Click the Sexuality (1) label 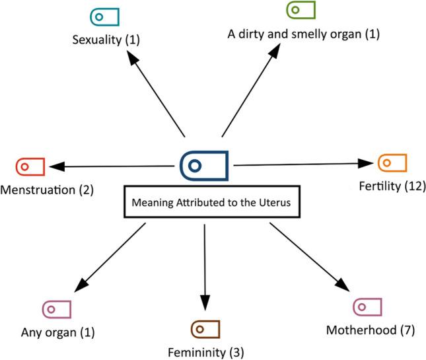[106, 40]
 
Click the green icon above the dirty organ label [301, 11]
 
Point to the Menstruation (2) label [47, 190]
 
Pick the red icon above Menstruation [30, 166]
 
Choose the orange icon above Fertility [392, 162]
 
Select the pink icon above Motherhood [368, 306]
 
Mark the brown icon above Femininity [205, 328]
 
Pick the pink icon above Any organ [57, 308]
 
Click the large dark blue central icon [204, 163]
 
